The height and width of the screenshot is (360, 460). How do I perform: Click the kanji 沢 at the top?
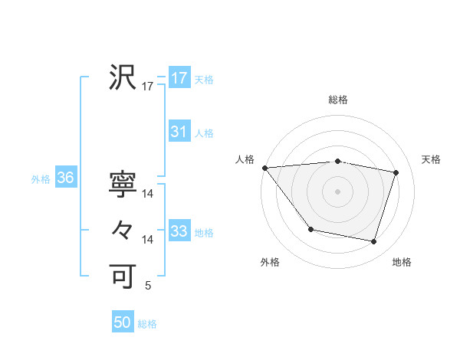123,77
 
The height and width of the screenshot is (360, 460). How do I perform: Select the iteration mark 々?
123,230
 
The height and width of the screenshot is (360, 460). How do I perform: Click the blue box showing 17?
179,78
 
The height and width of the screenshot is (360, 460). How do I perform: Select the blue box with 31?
179,132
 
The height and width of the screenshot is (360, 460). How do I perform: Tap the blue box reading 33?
179,231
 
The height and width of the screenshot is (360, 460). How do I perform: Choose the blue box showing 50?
123,322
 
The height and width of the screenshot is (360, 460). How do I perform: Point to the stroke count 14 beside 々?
148,241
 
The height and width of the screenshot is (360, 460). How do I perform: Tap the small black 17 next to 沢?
148,87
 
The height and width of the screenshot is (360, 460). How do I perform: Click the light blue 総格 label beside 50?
147,324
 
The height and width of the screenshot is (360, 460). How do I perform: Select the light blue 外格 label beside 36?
41,179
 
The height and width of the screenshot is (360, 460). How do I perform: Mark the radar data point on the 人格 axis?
264,168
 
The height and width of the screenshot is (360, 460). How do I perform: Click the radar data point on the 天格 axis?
396,172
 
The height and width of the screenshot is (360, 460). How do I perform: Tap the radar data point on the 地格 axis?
374,242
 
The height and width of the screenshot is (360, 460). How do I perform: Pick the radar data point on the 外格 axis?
310,229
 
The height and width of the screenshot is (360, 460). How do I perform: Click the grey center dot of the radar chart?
338,191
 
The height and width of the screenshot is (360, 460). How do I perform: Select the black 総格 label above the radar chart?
338,100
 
